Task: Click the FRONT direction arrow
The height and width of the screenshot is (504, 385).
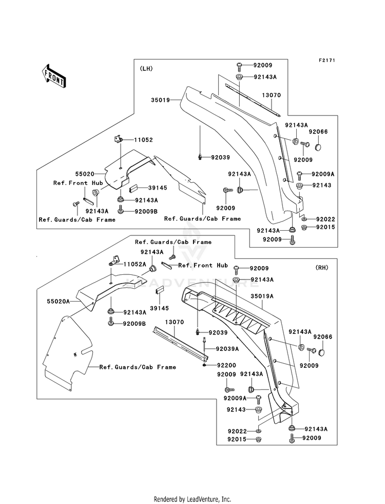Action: [x=53, y=76]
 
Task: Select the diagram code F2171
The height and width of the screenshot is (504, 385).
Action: [x=327, y=61]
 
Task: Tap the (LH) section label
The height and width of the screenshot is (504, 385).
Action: [x=146, y=68]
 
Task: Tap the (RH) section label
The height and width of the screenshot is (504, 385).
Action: [x=322, y=268]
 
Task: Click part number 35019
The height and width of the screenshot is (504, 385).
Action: [x=160, y=100]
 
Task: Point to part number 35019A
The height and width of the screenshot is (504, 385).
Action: [x=262, y=296]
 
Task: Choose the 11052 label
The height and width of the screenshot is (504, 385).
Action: [x=143, y=140]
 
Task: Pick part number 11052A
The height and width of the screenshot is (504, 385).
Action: [x=135, y=264]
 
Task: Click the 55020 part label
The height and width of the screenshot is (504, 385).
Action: [x=85, y=174]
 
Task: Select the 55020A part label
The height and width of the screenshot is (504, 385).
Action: [x=59, y=301]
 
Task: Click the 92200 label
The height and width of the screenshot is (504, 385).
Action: [x=226, y=365]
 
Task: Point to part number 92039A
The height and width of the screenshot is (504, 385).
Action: [x=227, y=349]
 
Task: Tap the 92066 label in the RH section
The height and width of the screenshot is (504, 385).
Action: [x=323, y=337]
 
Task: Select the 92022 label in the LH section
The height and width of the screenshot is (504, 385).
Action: [x=325, y=219]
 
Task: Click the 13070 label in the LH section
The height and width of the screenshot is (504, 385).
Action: [x=272, y=95]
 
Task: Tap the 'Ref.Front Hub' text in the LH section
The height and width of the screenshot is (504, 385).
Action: [x=78, y=183]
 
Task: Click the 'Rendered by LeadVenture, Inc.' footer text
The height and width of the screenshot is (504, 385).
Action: [x=192, y=499]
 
